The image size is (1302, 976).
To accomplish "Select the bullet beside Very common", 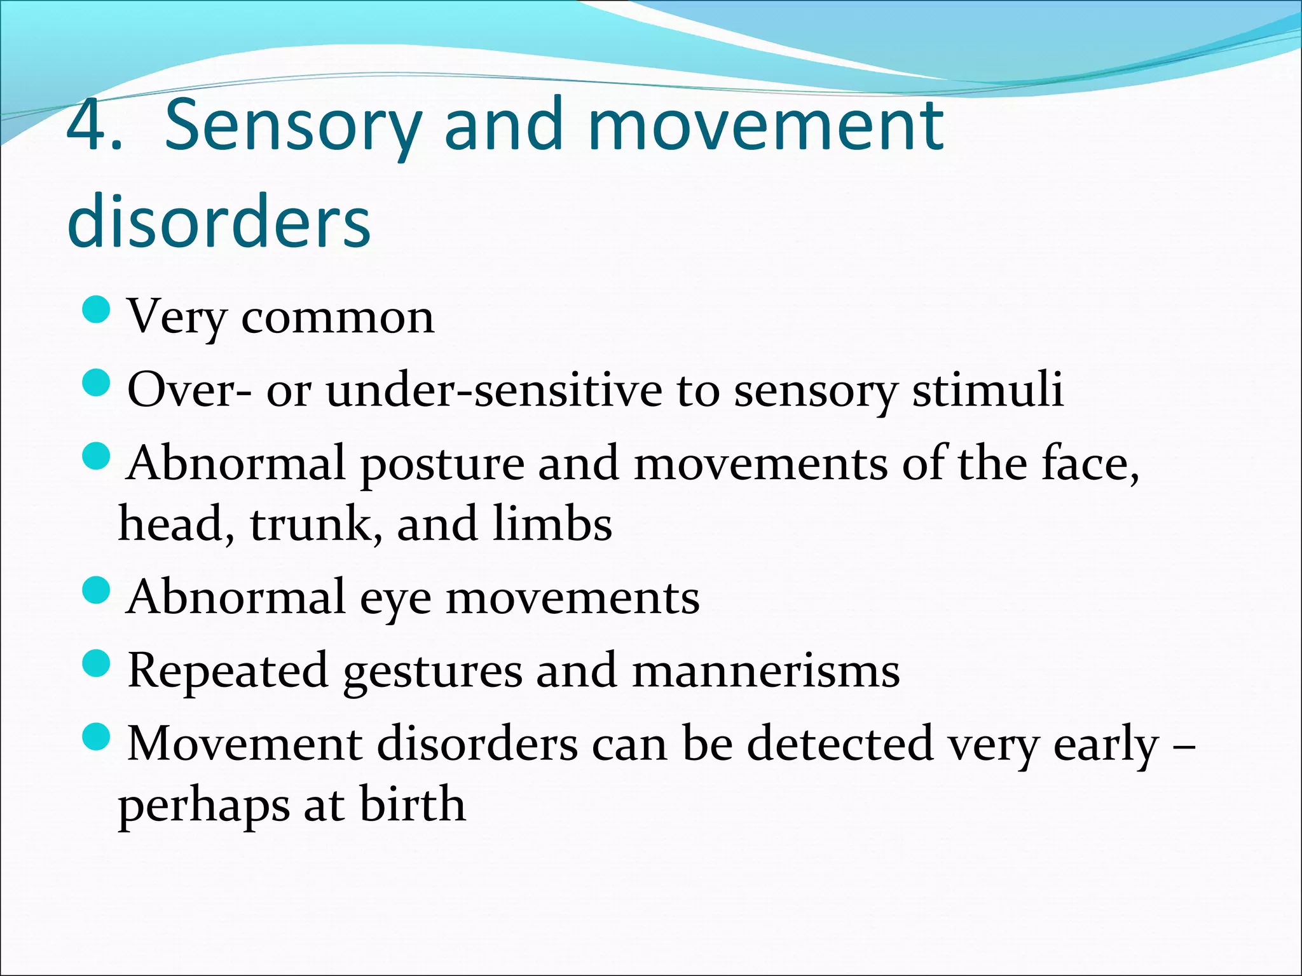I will coord(97,311).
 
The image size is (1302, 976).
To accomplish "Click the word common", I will coord(338,317).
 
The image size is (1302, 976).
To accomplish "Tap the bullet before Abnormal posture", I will coord(97,456).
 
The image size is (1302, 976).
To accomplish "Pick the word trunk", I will coord(316,525).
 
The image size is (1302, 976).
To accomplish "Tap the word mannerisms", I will coord(765,671).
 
